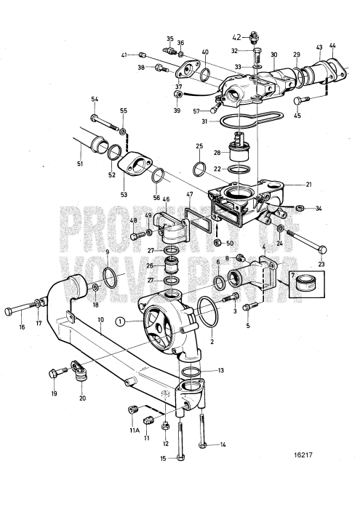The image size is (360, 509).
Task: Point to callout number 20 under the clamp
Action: pos(81,398)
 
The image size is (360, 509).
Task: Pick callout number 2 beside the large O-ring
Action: pos(212,340)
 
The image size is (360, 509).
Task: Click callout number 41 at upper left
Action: pos(124,55)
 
